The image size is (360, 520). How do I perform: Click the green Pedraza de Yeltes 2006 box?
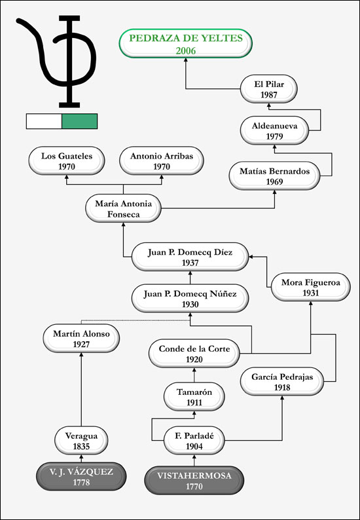coord(186,43)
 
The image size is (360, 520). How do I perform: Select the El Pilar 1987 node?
coord(269,89)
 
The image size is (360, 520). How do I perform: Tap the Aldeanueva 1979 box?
coord(274,130)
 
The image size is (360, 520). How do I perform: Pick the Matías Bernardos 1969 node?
coord(275,176)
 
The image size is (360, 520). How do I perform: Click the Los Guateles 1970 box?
coord(67,161)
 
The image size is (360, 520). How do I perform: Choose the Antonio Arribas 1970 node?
coord(162,161)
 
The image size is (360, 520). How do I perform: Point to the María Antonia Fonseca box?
coord(123,208)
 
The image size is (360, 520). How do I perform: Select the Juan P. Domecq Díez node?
coord(190,257)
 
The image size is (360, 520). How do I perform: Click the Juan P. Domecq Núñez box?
coord(190,298)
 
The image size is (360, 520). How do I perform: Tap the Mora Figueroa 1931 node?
coord(311,288)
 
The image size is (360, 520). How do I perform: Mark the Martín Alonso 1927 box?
coord(81,339)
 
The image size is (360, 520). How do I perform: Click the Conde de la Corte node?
coord(194,354)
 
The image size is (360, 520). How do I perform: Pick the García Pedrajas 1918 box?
coord(282,382)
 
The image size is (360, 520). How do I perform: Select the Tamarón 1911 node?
coord(194,397)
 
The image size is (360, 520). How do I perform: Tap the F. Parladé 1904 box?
coord(194,441)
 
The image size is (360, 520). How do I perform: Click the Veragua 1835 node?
coord(81,441)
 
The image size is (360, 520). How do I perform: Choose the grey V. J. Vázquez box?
coord(81,477)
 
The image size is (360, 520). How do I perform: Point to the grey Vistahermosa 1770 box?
coord(194,481)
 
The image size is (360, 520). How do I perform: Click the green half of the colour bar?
coord(80,121)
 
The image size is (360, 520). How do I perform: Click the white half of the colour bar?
coord(44,121)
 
